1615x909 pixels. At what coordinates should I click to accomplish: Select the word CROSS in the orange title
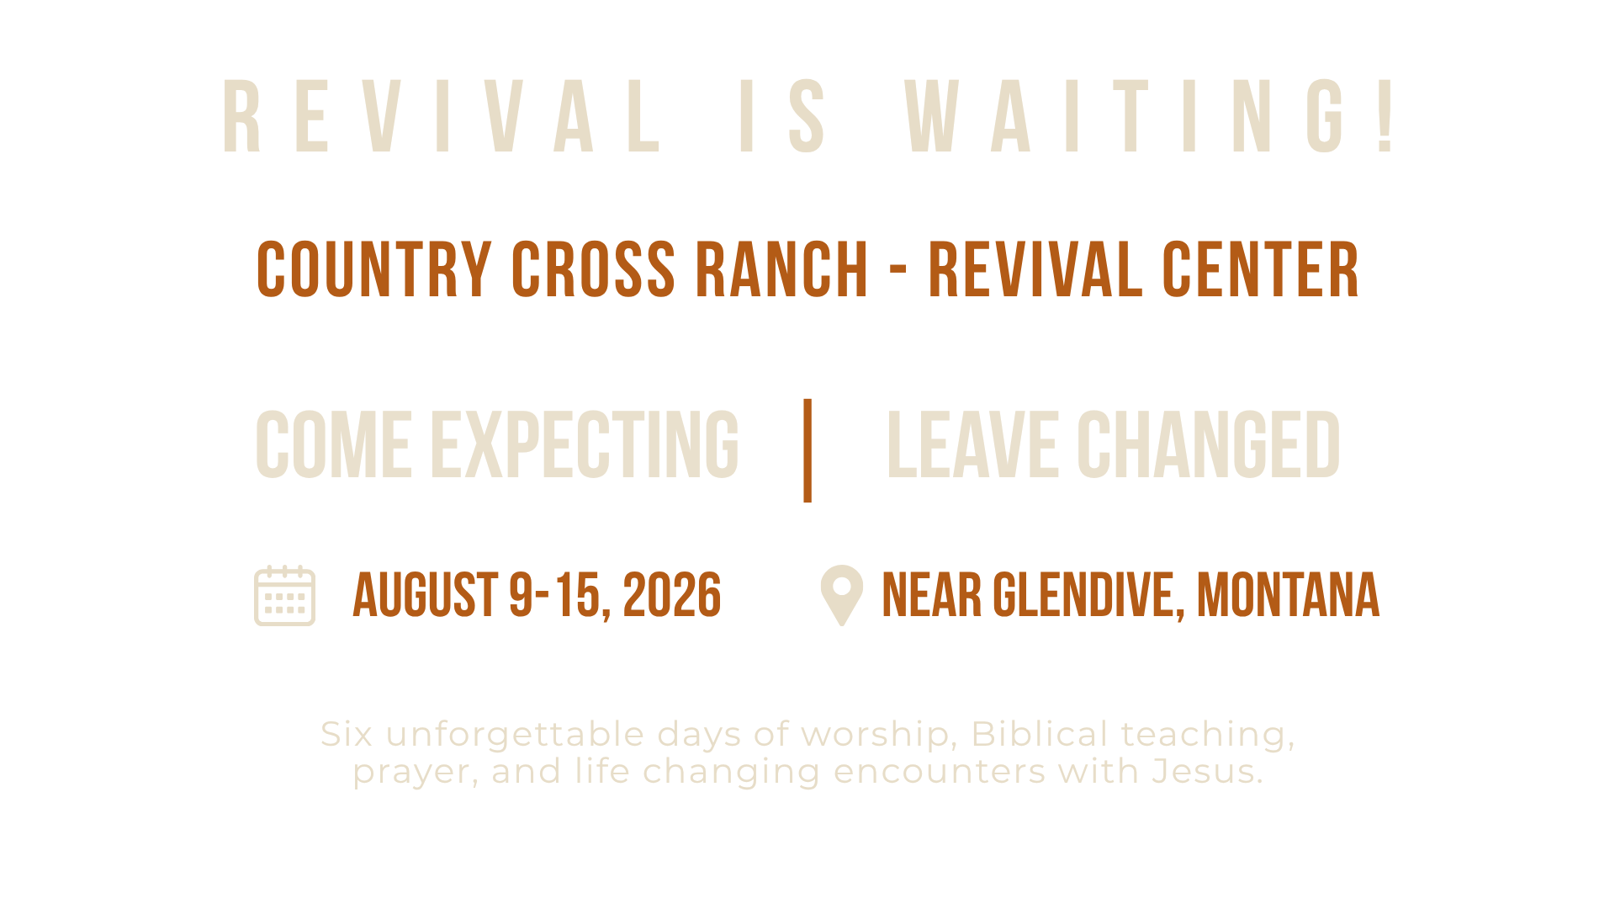tap(593, 269)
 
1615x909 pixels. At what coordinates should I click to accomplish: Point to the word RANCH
tap(781, 269)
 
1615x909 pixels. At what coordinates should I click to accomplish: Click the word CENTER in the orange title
tap(1261, 269)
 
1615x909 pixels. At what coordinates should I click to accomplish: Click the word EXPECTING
tap(585, 444)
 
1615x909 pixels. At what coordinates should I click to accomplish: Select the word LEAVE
tap(972, 444)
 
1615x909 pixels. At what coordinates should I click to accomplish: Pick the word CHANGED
tap(1209, 444)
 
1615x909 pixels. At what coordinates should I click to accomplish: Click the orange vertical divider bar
tap(807, 450)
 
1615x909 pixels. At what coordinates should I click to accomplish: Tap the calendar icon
tap(285, 596)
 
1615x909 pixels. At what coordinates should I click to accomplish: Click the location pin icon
tap(842, 595)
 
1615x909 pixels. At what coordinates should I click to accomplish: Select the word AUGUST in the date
tap(426, 595)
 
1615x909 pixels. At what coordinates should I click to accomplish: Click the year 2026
tap(672, 595)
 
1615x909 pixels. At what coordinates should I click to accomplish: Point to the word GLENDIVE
tap(1089, 595)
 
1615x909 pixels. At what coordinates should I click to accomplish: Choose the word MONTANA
tap(1289, 595)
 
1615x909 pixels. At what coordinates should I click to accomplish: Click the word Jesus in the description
tap(1208, 771)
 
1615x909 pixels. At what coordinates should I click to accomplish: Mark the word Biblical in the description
tap(1040, 734)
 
